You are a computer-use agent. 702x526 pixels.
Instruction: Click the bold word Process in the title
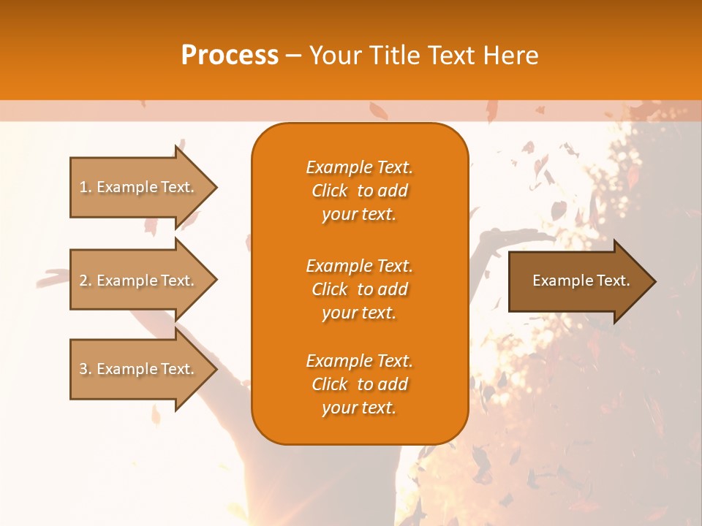pyautogui.click(x=230, y=56)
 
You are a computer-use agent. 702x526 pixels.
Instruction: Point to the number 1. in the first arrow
pyautogui.click(x=86, y=187)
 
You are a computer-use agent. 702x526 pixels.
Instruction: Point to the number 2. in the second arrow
pyautogui.click(x=86, y=281)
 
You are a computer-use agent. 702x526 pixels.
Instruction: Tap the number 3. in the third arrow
pyautogui.click(x=86, y=369)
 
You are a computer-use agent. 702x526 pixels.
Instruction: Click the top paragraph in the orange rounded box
pyautogui.click(x=359, y=191)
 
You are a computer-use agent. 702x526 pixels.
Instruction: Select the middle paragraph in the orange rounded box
pyautogui.click(x=359, y=289)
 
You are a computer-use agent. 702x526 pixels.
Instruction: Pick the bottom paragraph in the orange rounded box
pyautogui.click(x=359, y=384)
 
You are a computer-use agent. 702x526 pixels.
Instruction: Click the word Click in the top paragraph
pyautogui.click(x=330, y=191)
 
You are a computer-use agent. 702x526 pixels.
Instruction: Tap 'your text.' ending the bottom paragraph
pyautogui.click(x=359, y=408)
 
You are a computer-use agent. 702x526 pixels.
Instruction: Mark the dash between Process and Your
pyautogui.click(x=293, y=56)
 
